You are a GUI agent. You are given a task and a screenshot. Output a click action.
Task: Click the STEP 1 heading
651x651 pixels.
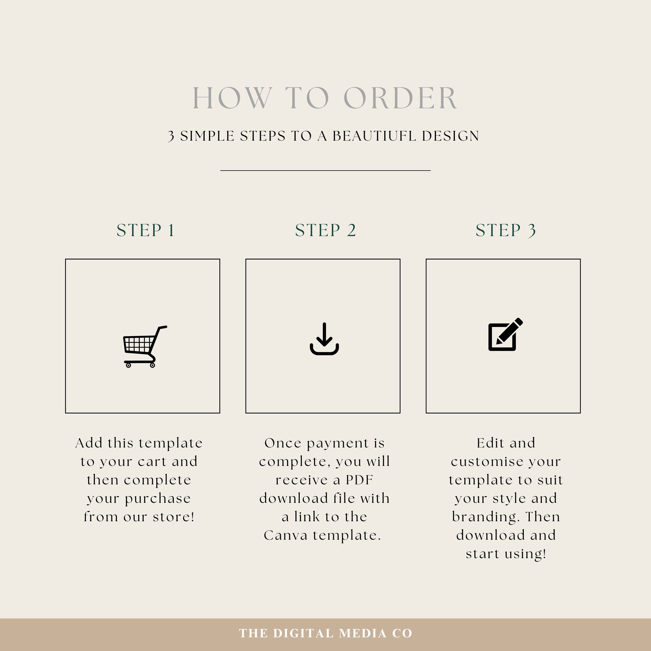tap(146, 230)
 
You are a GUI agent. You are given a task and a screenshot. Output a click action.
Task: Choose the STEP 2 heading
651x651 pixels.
tap(325, 230)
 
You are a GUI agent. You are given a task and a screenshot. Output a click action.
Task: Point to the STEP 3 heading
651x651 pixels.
tap(505, 230)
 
